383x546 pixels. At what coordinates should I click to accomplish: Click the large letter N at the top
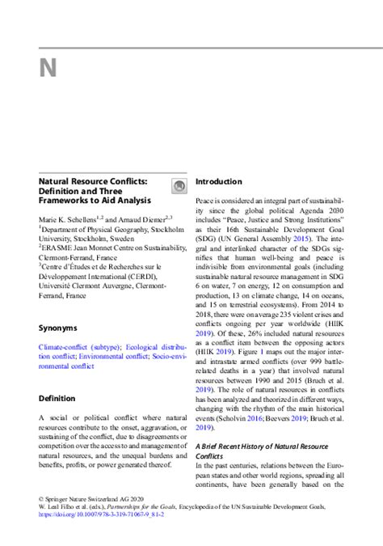(x=48, y=68)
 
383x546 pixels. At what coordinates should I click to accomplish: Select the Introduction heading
(x=218, y=182)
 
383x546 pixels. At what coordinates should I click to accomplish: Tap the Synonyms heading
(x=57, y=328)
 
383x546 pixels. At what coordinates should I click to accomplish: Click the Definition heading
(x=57, y=398)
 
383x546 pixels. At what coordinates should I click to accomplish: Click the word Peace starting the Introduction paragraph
(x=206, y=199)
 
